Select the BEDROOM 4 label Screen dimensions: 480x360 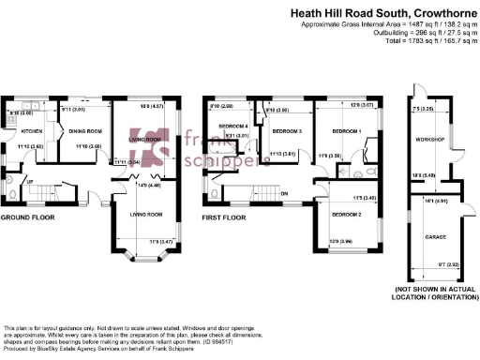click(232, 126)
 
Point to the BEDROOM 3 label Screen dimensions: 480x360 click(286, 131)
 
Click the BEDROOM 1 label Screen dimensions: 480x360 click(346, 131)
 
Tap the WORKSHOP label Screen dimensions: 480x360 click(428, 139)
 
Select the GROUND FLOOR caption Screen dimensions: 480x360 click(27, 217)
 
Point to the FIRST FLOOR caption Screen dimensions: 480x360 click(223, 217)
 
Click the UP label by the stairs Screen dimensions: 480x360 click(28, 181)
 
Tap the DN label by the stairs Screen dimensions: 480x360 click(283, 194)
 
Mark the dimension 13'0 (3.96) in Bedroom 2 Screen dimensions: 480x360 click(341, 241)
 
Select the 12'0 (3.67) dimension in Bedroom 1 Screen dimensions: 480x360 click(364, 106)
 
